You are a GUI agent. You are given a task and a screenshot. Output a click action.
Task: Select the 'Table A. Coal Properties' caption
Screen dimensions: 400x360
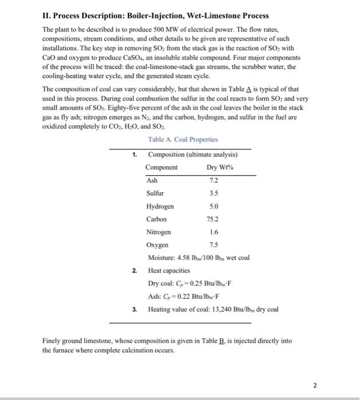[x=182, y=139]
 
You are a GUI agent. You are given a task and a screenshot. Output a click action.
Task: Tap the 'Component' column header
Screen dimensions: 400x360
[x=161, y=167]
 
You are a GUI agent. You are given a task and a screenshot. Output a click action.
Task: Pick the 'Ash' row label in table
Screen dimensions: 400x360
[x=151, y=179]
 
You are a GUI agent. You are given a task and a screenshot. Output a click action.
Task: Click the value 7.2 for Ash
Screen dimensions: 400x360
[x=214, y=179]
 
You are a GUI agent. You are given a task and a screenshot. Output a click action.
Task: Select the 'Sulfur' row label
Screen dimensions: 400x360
[x=155, y=193]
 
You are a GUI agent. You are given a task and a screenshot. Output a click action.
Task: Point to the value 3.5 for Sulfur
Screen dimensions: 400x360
[x=214, y=193]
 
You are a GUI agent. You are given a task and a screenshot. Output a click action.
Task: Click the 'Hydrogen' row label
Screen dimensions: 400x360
[x=160, y=206]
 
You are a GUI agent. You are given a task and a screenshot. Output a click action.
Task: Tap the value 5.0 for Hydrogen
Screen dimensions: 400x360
[x=214, y=206]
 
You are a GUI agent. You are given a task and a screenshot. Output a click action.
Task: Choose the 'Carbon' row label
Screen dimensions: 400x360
[x=156, y=219]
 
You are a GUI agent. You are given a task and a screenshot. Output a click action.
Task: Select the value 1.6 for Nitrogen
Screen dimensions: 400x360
[x=214, y=232]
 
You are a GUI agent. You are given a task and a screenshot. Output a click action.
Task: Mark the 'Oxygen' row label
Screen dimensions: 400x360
[x=157, y=245]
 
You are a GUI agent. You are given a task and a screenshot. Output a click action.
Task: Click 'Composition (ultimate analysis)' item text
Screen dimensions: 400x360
[x=193, y=154]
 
